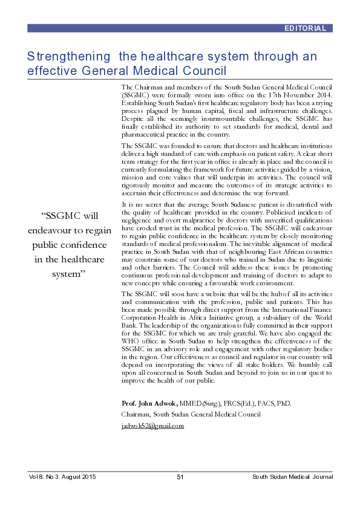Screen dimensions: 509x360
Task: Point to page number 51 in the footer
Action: (x=180, y=478)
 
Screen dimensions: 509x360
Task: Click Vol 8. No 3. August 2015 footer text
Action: (x=62, y=478)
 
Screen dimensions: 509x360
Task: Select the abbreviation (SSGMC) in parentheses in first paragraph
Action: (x=138, y=95)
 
